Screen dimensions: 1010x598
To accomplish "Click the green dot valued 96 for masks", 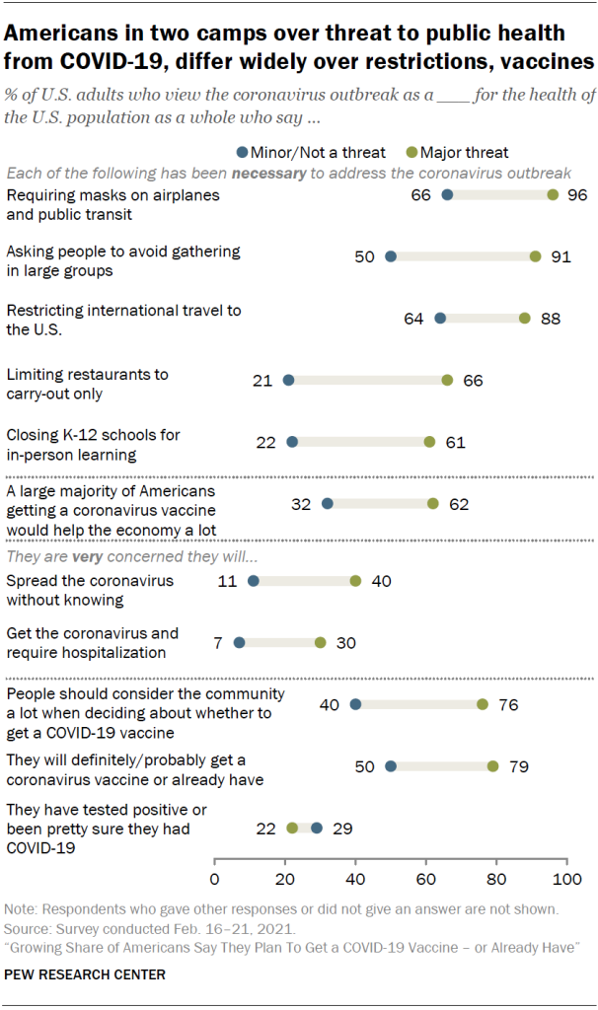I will click(x=553, y=195).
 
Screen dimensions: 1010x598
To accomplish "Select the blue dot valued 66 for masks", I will click(x=447, y=195).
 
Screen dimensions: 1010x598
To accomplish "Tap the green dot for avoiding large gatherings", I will click(x=535, y=256).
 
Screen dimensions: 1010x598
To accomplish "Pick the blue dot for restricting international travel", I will click(x=440, y=319).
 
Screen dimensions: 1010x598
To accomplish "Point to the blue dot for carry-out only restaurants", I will click(x=288, y=380).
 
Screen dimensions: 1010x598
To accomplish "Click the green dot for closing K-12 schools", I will click(x=429, y=442).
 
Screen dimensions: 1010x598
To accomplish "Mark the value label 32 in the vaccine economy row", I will click(x=302, y=504).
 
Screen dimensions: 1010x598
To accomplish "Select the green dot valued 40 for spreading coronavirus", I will click(x=355, y=581).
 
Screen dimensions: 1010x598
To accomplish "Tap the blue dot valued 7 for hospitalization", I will click(x=239, y=642).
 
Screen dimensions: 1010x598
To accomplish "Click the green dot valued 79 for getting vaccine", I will click(x=492, y=766).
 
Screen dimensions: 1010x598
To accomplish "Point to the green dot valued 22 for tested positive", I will click(x=292, y=828).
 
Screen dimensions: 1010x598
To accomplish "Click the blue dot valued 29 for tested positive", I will click(x=317, y=828).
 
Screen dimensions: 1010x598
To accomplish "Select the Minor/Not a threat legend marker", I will click(x=243, y=152).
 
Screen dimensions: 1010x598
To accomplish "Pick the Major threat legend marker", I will click(x=411, y=152).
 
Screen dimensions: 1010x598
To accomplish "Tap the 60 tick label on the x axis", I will click(x=426, y=878).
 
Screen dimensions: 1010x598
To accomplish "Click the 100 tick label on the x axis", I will click(x=566, y=878).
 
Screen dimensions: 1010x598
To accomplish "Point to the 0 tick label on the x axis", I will click(x=215, y=878).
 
